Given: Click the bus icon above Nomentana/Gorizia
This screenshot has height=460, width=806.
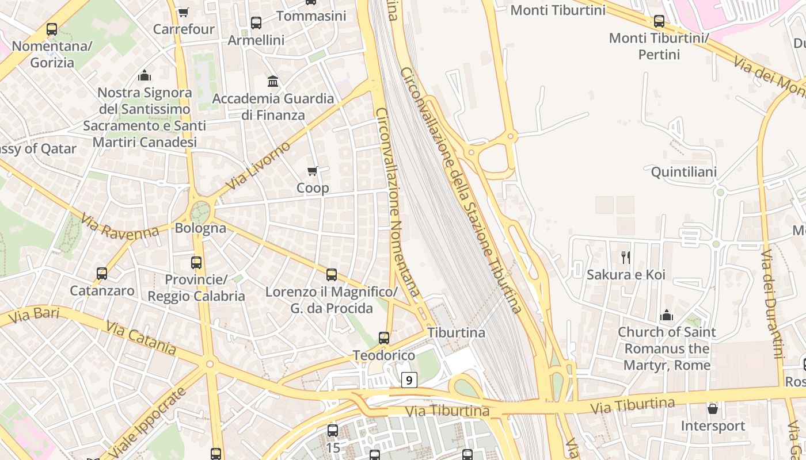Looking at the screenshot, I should [x=52, y=29].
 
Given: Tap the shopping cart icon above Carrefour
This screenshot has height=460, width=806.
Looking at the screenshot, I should [x=183, y=12].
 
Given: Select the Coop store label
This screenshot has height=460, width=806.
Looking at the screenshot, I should [x=313, y=188].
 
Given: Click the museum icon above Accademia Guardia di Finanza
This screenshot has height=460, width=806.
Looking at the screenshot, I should [x=273, y=81].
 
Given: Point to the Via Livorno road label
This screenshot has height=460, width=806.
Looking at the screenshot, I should [x=258, y=166].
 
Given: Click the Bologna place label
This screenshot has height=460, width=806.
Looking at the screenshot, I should [x=200, y=228].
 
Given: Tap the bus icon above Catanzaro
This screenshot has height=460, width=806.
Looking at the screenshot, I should [x=102, y=273].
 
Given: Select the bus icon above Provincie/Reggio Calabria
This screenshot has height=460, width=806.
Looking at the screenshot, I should [x=196, y=263].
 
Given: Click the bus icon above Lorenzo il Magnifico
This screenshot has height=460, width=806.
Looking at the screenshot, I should [x=332, y=275].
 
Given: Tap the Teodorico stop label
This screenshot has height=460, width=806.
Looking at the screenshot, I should [x=384, y=355].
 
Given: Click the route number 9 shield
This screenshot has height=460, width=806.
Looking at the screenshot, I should [x=409, y=379].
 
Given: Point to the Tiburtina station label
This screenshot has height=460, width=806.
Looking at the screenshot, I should [x=457, y=332].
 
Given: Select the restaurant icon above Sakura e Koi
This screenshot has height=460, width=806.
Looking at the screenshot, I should [x=626, y=257].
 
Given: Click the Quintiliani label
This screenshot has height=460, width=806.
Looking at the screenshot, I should [x=683, y=172].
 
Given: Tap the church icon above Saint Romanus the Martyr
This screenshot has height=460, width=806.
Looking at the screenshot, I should [x=667, y=315].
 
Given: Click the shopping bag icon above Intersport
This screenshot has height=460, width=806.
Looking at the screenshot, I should [x=713, y=409].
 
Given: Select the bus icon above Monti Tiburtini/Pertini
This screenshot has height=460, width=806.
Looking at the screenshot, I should [x=659, y=21].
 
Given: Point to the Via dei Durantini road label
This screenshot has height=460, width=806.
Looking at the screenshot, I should [x=772, y=304].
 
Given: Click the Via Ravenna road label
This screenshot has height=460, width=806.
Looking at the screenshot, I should [x=120, y=227].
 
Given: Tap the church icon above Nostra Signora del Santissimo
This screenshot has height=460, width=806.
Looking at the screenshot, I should [x=145, y=75].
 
